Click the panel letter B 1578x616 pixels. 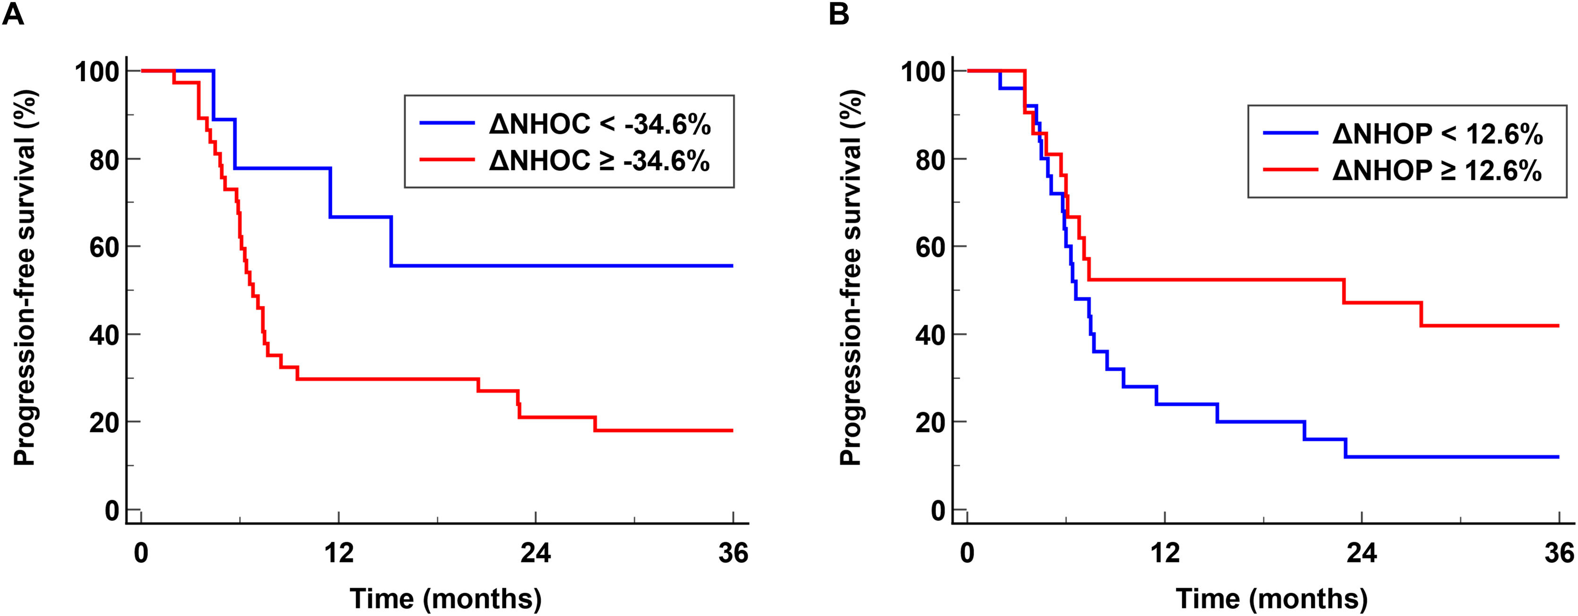coord(839,14)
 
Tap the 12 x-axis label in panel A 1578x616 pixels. coord(338,554)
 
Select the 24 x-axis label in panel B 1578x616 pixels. coord(1361,554)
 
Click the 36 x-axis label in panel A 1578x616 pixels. coord(733,554)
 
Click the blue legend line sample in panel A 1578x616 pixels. coord(446,123)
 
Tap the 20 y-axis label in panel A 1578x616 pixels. coord(103,422)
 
